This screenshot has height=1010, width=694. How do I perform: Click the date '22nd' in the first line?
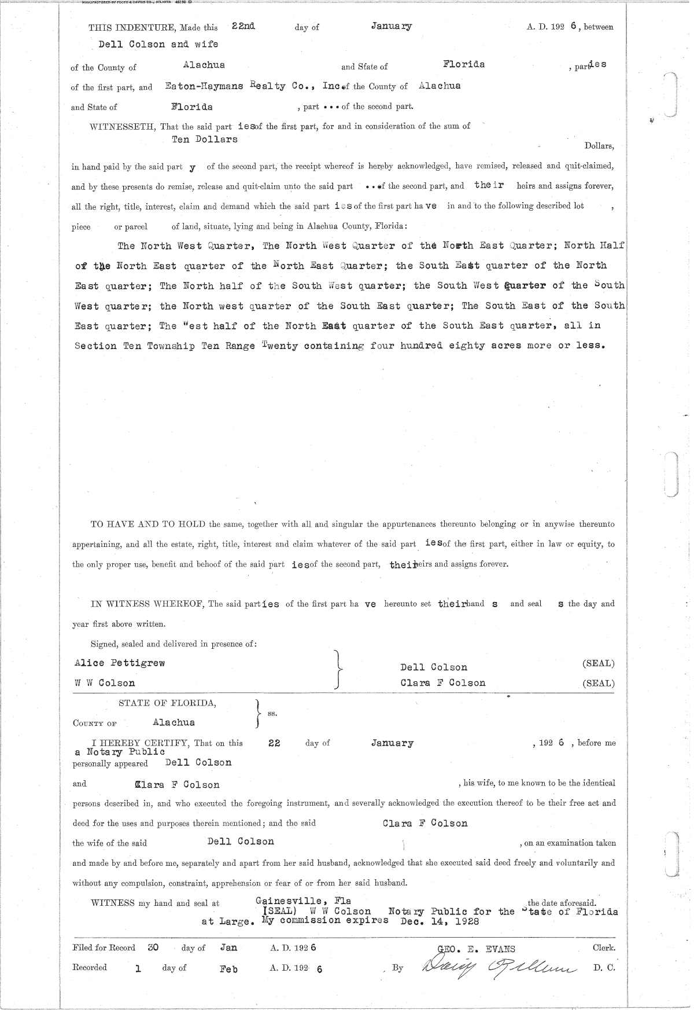243,26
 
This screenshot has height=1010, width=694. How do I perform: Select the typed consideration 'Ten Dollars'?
205,139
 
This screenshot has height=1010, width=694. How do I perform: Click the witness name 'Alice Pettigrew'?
120,663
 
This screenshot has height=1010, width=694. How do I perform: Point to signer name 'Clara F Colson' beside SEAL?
443,683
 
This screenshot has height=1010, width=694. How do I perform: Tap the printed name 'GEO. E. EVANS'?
477,949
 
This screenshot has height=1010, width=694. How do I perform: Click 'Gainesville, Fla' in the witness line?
303,901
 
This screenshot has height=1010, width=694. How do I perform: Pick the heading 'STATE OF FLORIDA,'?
168,703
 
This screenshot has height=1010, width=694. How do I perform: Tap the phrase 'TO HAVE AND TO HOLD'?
148,524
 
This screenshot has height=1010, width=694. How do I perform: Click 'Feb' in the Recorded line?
228,968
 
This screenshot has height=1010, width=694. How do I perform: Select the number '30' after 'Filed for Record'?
153,948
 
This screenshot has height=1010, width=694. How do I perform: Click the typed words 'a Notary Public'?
119,752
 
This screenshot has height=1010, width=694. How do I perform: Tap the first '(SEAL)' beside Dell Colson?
598,663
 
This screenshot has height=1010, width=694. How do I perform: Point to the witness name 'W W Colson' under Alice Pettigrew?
105,683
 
